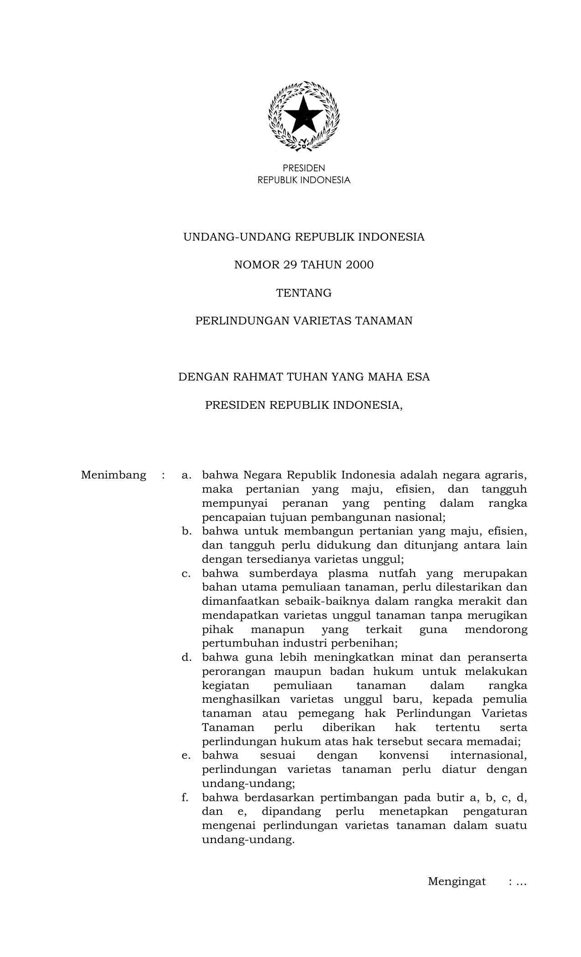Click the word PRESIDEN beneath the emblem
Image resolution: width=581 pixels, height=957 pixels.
coord(304,169)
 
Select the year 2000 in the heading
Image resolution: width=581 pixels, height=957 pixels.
coord(359,265)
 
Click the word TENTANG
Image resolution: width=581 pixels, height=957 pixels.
coord(304,293)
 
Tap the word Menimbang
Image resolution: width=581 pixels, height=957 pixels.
coord(113,475)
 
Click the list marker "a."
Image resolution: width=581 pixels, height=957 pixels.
coord(186,475)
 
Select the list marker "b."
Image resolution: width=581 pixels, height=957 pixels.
coord(186,531)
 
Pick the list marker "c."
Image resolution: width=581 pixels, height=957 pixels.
coord(186,573)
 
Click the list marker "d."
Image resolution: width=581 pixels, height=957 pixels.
coord(186,657)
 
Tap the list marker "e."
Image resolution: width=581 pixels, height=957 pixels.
coord(186,755)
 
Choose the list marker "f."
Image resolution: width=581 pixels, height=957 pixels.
coord(185,797)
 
